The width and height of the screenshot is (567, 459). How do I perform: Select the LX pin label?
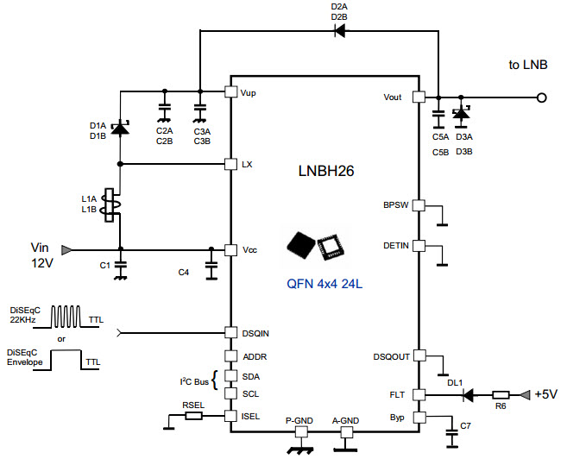[247, 164]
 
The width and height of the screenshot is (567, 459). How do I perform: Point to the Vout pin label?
[394, 97]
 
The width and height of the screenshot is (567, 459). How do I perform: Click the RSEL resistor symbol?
[194, 416]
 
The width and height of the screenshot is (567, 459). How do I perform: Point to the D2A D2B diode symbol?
[338, 32]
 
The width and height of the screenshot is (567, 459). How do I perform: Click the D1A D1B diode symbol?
[120, 129]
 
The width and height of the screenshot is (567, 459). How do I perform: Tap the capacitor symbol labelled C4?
[211, 262]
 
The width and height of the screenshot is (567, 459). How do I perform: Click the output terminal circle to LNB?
[541, 97]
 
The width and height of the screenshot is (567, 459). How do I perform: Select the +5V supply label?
[545, 394]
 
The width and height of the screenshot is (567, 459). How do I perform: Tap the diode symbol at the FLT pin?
[469, 395]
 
